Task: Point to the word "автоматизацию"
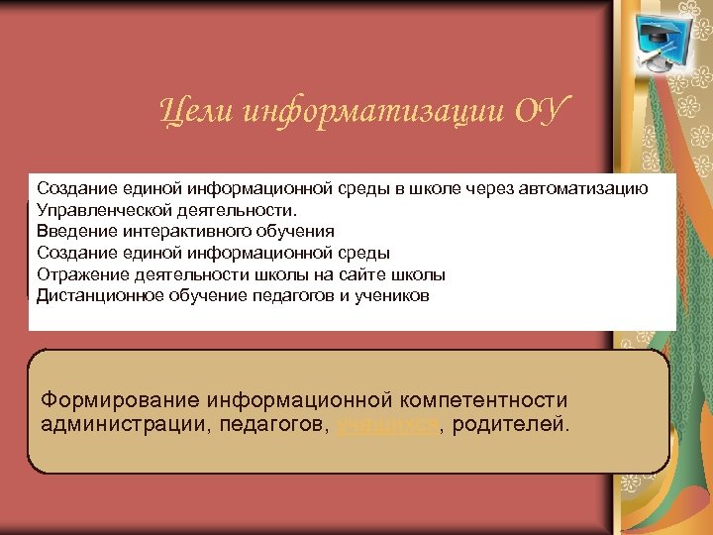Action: (x=593, y=188)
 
